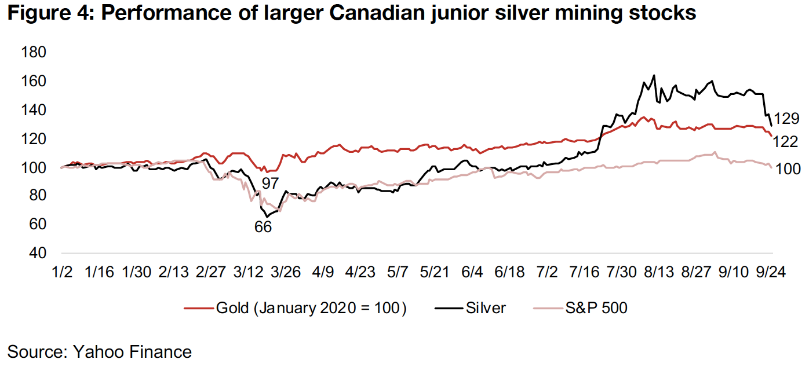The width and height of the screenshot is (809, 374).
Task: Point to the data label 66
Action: [x=263, y=227]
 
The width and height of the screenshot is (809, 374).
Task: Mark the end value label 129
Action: [x=786, y=119]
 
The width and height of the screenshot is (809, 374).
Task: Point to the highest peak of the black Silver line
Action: [x=654, y=75]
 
